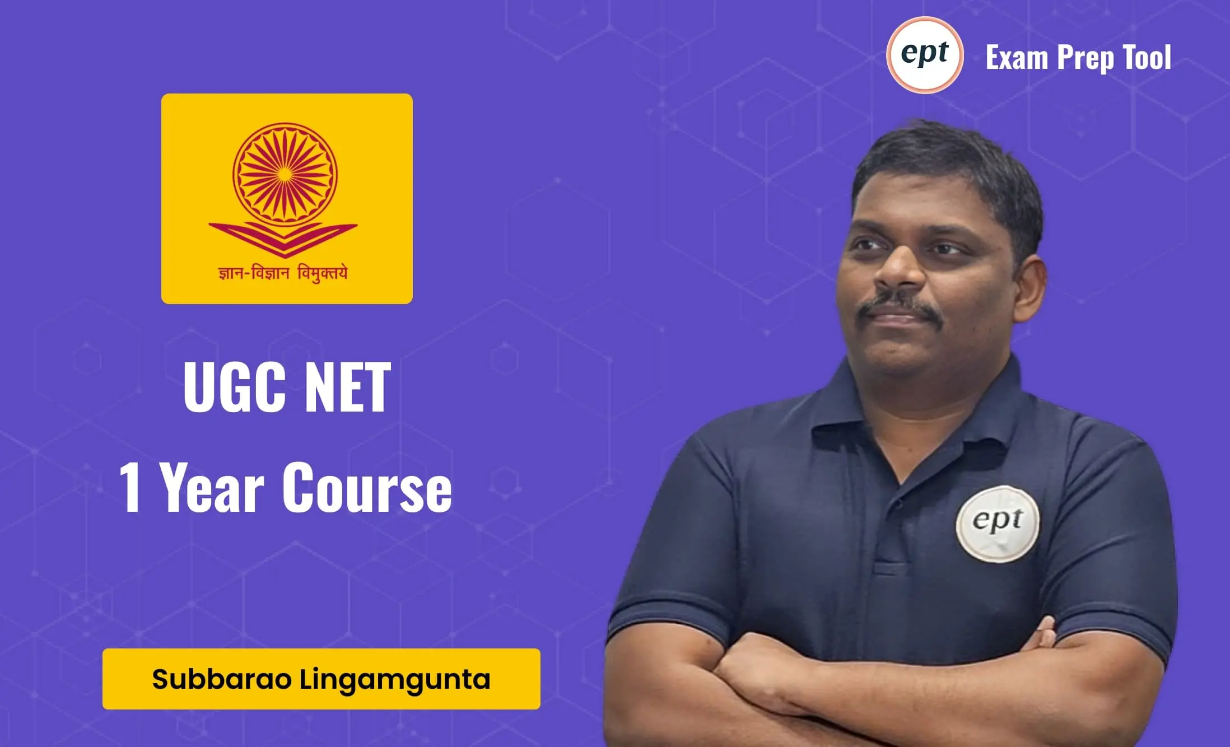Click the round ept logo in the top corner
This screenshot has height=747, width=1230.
point(925,55)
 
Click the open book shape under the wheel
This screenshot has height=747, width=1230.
point(283,238)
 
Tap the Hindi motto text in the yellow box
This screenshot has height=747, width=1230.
point(283,273)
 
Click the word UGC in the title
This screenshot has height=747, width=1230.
point(234,387)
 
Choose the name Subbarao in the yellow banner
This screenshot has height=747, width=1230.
point(222,679)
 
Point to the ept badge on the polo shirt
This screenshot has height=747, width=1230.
point(998,523)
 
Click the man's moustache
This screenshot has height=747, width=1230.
point(900,305)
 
